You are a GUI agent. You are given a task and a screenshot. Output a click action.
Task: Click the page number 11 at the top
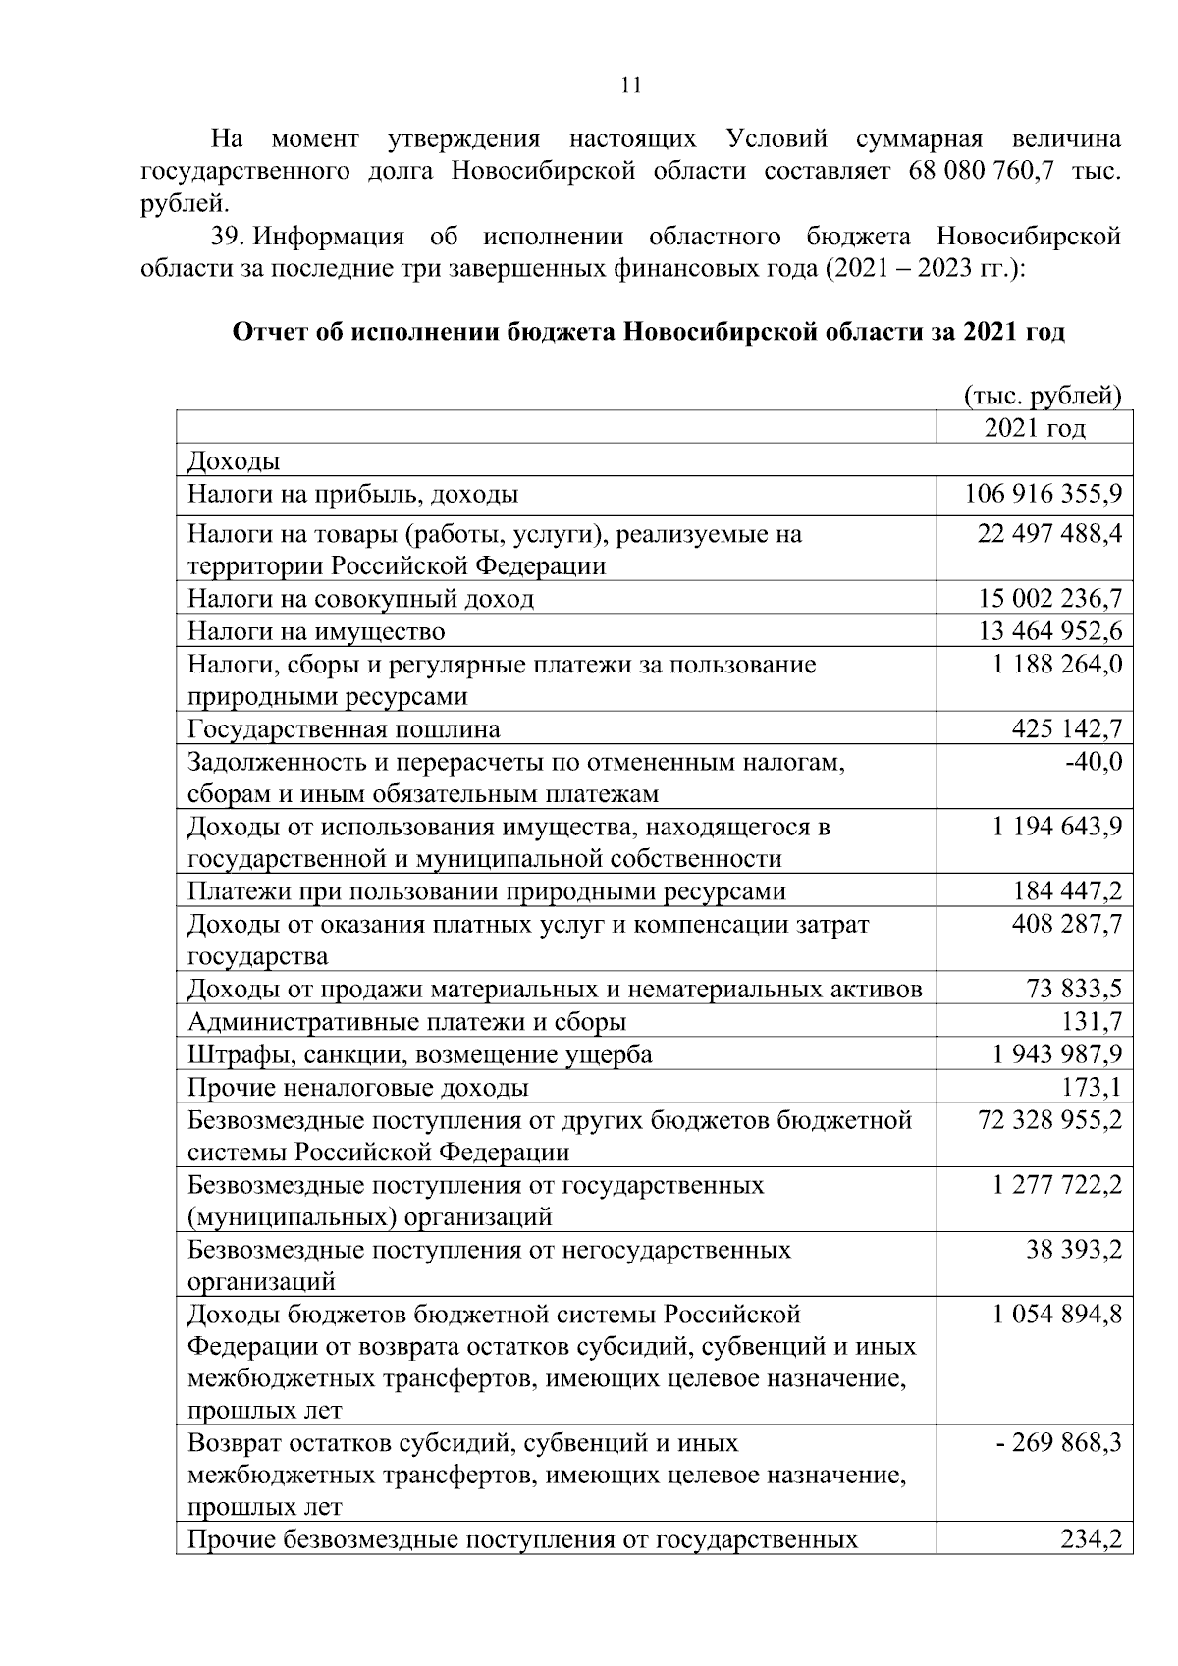631,84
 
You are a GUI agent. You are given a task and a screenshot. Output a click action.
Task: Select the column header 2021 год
1035,428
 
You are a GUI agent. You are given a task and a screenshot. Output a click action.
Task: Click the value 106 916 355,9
1043,494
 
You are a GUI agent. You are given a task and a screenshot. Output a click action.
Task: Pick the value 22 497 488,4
1049,534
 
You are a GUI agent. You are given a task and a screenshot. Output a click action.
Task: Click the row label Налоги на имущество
316,631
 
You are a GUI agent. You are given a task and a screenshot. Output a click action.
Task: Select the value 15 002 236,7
1049,599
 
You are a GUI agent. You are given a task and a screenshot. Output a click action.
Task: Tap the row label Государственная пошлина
344,729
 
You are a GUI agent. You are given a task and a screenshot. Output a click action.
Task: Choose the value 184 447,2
1067,891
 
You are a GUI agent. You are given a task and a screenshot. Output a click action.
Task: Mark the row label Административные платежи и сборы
406,1022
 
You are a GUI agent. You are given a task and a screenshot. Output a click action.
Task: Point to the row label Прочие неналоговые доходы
357,1087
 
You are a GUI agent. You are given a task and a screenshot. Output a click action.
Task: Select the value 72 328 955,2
1049,1120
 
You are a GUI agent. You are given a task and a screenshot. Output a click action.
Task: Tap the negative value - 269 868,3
1058,1444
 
